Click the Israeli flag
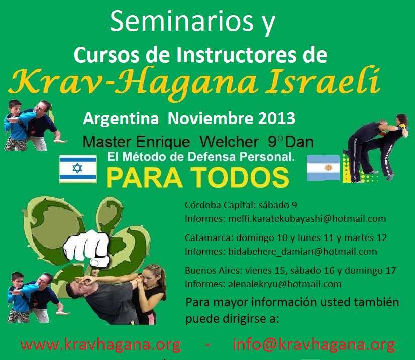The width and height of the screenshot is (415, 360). click(78, 169)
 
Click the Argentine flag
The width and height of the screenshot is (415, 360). click(323, 168)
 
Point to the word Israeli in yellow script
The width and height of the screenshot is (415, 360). click(323, 81)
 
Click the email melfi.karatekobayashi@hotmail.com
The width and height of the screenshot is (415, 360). click(307, 219)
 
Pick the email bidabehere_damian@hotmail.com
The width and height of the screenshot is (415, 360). click(302, 251)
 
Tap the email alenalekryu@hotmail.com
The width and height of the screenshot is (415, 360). click(284, 284)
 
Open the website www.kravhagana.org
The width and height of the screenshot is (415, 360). click(101, 345)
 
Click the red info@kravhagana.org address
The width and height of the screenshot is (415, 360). click(314, 345)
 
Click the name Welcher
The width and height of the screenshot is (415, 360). click(229, 142)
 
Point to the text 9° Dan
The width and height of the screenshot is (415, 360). click(290, 142)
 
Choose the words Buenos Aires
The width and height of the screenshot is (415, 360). click(214, 271)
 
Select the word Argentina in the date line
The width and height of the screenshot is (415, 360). click(121, 119)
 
